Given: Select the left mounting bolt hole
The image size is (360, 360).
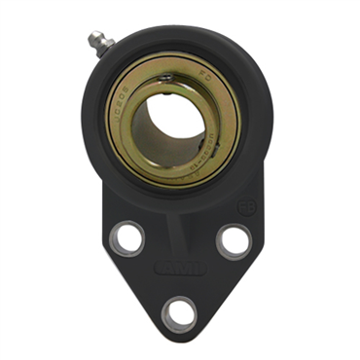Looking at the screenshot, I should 127,237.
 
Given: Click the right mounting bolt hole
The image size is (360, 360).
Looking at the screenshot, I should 232,239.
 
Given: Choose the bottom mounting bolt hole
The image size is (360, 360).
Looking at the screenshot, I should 178,312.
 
